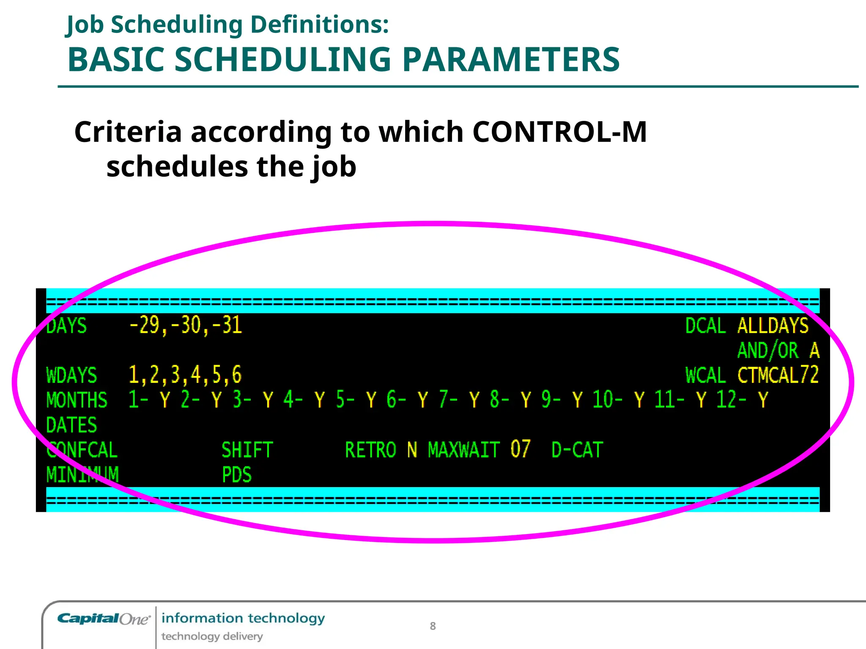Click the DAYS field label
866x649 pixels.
(66, 326)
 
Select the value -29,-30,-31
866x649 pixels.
(185, 326)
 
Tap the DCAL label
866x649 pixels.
(705, 326)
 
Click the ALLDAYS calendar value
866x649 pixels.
(773, 326)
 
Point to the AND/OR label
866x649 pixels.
(768, 351)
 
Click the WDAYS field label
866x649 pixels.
(71, 375)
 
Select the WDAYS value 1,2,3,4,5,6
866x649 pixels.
(185, 375)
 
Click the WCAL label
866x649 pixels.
(705, 375)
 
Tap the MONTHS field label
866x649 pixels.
(77, 400)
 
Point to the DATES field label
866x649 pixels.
(71, 425)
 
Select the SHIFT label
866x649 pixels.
(247, 450)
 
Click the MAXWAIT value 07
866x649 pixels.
(520, 449)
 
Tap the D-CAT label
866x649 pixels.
(577, 450)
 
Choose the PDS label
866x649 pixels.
(237, 475)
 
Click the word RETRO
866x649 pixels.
(370, 450)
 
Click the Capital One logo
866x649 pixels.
(104, 619)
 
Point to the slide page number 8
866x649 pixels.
(433, 626)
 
